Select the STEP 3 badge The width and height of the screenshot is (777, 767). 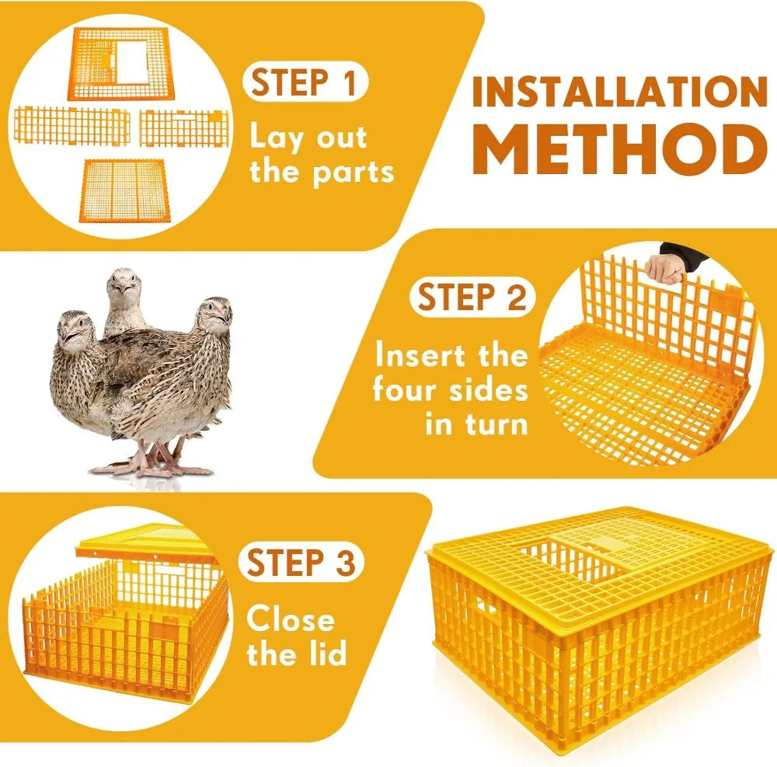point(302,562)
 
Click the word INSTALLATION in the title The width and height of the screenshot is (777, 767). point(619,93)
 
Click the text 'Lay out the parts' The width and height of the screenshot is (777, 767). point(321,155)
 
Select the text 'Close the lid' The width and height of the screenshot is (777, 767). point(295,636)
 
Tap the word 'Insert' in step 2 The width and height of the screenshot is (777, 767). point(426,356)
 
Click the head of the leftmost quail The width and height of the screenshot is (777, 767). point(74,330)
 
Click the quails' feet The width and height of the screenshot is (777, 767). point(152,465)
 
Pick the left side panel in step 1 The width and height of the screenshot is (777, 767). point(71,127)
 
